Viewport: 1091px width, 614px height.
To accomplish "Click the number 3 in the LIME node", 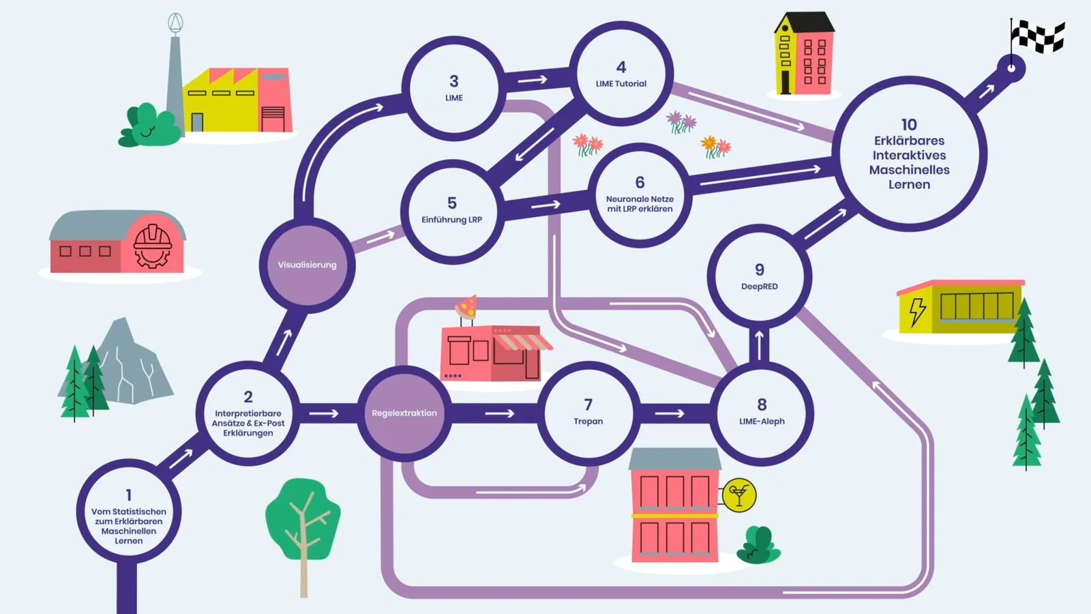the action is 454,81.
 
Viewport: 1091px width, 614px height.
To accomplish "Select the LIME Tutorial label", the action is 621,84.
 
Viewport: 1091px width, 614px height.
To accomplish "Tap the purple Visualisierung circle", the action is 308,265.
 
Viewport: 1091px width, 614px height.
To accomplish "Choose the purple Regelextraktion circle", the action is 404,413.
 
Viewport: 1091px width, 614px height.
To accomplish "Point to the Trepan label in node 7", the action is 588,422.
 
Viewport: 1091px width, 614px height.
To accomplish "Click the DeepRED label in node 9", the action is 760,287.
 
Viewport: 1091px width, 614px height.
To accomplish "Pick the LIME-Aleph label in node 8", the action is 762,422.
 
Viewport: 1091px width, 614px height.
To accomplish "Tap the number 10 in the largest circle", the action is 909,125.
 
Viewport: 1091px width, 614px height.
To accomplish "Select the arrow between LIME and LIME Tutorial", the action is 533,79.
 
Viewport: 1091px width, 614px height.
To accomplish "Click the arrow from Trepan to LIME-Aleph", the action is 670,413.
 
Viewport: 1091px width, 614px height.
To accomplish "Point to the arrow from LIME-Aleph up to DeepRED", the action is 760,345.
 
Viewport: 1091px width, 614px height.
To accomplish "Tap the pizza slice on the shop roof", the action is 466,307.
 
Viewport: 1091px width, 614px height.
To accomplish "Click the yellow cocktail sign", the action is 739,495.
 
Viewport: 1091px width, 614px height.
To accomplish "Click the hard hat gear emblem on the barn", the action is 153,246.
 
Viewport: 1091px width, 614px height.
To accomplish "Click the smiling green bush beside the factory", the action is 149,125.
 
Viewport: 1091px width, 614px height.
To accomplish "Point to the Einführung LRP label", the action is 451,220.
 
